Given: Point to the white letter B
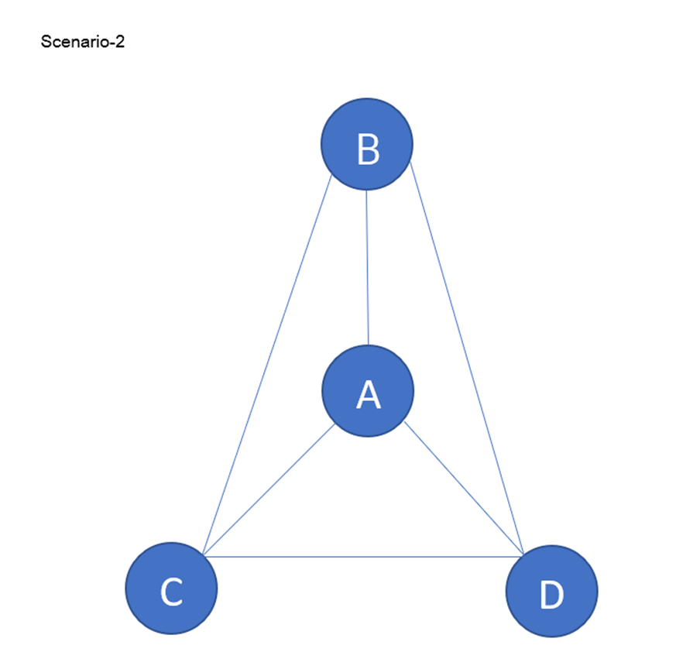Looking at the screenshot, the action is coord(368,149).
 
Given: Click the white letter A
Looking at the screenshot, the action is coord(368,395).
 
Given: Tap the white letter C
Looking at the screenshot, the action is coord(170,592).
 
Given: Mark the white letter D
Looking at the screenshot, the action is coord(551,596).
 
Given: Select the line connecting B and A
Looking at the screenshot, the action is coord(367,267).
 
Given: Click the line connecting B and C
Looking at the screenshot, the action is coord(267,364).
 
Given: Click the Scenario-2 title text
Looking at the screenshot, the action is coord(82,43).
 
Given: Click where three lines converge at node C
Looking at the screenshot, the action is coord(203,555).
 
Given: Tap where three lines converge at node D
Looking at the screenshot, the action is coord(524,555).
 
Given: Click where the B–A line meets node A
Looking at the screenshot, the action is coord(368,345).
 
